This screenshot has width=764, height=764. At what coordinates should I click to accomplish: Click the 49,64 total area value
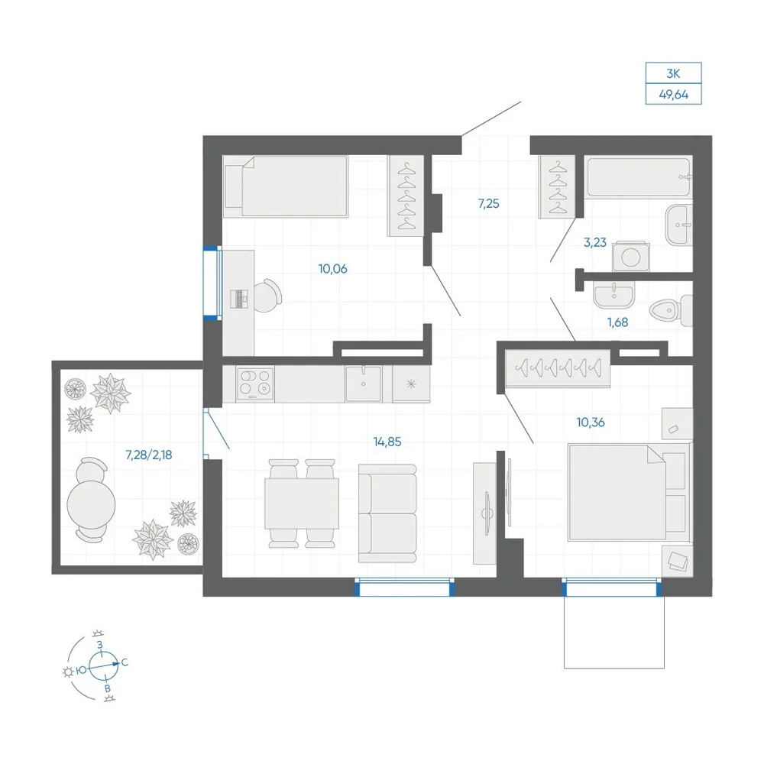[x=673, y=95]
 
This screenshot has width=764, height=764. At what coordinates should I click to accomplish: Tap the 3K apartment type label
[x=673, y=73]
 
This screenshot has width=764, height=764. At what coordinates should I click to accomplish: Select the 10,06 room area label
[x=333, y=269]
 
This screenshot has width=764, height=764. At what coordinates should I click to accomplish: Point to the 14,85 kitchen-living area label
[x=387, y=442]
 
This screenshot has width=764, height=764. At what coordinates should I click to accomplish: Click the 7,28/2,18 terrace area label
[x=149, y=455]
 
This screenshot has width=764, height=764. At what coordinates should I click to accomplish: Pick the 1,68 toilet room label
[x=617, y=322]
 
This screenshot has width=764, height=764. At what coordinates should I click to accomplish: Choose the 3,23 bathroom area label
[x=595, y=242]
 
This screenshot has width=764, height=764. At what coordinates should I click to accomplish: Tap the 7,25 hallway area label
[x=489, y=204]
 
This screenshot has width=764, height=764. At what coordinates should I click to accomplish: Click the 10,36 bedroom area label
[x=591, y=422]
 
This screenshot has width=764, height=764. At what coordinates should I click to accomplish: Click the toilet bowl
[x=671, y=310]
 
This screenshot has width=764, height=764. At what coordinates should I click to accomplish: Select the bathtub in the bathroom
[x=638, y=177]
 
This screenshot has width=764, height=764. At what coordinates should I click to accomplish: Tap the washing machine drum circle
[x=631, y=257]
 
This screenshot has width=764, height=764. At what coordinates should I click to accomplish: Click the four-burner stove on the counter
[x=255, y=384]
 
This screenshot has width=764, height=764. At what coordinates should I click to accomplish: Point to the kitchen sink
[x=364, y=384]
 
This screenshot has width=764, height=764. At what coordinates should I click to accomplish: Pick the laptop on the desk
[x=238, y=299]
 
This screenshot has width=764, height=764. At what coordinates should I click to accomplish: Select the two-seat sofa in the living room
[x=387, y=513]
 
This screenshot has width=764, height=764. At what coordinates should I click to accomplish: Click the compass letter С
[x=125, y=662]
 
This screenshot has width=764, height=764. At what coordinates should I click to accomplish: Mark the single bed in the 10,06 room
[x=286, y=186]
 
